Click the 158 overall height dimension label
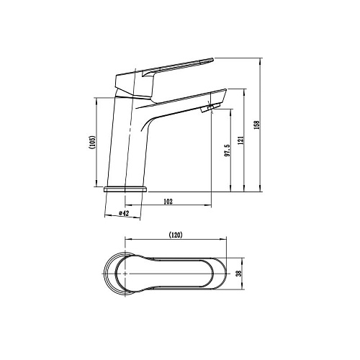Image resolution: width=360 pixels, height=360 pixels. tap(257, 125)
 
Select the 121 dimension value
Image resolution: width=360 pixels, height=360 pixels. tap(241, 140)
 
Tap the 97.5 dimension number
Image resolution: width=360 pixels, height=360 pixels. tap(228, 150)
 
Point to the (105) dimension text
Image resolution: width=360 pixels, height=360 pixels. tap(93, 143)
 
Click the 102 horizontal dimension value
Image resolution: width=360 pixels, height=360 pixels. tap(168, 202)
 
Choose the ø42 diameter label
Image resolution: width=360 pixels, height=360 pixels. tap(124, 213)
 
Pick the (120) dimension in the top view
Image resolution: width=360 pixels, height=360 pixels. tap(176, 235)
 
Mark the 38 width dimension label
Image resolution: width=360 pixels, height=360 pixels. tap(238, 274)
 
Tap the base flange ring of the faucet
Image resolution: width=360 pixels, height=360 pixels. tap(125, 189)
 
